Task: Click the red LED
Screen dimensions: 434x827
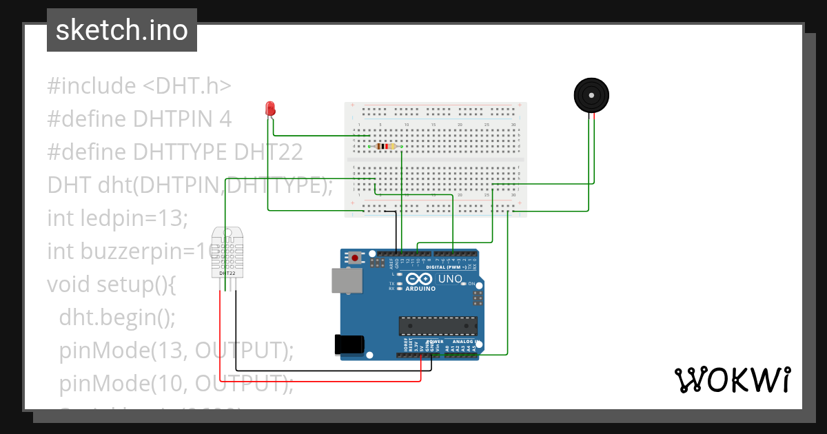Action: click(270, 108)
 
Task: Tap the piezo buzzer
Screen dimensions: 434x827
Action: click(591, 95)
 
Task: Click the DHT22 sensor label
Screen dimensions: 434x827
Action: click(227, 273)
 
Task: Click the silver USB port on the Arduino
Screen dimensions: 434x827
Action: click(345, 280)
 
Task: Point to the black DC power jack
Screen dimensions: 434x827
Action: click(348, 344)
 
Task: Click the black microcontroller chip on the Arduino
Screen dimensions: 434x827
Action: click(438, 326)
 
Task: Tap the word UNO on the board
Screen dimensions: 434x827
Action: click(451, 278)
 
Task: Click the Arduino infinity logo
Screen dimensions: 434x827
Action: click(419, 278)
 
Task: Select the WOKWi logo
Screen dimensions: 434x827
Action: click(731, 380)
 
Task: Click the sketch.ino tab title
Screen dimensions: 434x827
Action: click(122, 30)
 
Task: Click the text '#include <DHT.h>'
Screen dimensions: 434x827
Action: click(139, 86)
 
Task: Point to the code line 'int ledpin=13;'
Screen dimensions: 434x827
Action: click(117, 218)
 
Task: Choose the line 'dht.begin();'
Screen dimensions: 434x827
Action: click(117, 317)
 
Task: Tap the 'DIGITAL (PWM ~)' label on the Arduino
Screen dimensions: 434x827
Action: click(447, 267)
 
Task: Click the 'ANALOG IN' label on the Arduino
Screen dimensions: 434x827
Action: click(466, 342)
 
